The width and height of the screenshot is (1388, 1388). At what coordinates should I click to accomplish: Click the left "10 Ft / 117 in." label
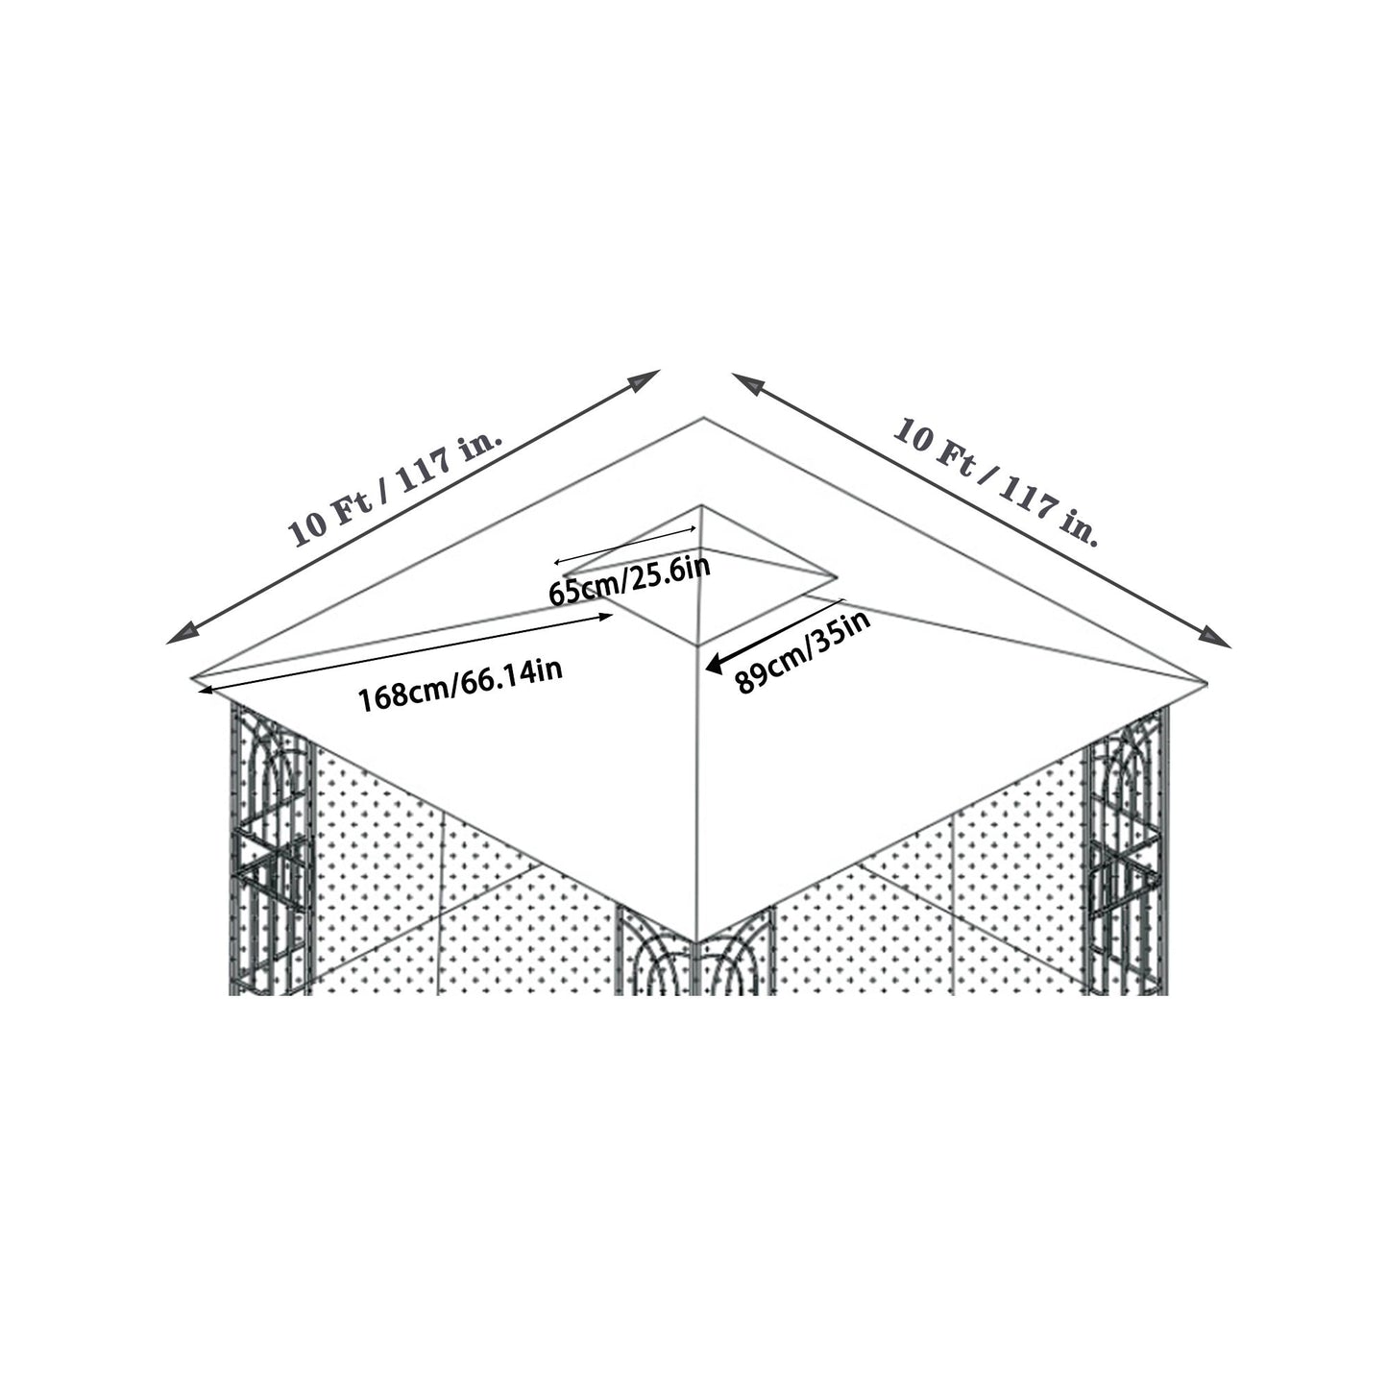[x=396, y=488]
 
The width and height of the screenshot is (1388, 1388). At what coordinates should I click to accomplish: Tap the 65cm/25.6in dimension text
[x=629, y=580]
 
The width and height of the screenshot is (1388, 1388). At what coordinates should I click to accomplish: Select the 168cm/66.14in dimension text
[x=460, y=682]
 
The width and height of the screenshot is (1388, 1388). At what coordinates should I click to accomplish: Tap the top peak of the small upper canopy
[x=702, y=506]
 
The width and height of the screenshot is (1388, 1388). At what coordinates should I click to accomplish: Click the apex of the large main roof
[x=704, y=418]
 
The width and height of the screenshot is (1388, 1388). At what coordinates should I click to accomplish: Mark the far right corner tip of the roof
[x=1206, y=682]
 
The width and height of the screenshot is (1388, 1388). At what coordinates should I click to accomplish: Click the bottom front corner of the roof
[x=694, y=941]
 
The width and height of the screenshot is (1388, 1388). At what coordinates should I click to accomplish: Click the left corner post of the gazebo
[x=272, y=845]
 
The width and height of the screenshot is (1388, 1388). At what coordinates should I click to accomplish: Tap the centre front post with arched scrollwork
[x=694, y=961]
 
